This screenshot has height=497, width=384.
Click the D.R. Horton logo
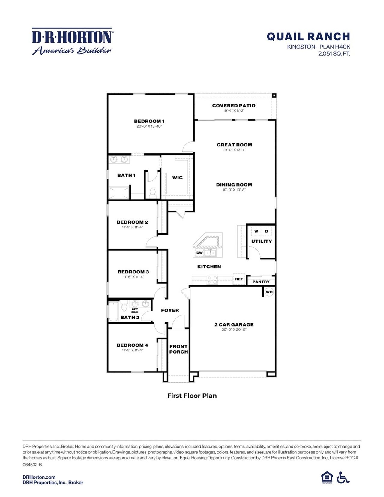tap(72, 41)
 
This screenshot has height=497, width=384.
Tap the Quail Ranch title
tap(308, 37)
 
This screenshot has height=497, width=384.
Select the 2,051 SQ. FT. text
tap(334, 54)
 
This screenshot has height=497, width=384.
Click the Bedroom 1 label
tap(149, 121)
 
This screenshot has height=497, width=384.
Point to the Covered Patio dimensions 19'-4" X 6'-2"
tap(234, 111)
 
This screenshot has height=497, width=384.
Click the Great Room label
tap(234, 145)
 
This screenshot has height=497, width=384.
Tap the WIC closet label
tap(177, 178)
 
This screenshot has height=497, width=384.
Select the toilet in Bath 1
tap(153, 192)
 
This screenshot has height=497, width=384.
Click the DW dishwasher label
tap(199, 253)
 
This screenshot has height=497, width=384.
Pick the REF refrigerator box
tap(239, 279)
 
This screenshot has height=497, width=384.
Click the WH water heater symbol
tap(269, 292)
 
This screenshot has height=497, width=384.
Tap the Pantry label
tap(261, 282)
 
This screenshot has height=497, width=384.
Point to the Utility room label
tap(262, 241)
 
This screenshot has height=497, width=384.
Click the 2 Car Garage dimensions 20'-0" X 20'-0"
tap(234, 330)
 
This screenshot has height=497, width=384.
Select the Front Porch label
tap(178, 349)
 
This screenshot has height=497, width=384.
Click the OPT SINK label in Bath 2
tap(135, 311)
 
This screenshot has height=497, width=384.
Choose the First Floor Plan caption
tap(192, 396)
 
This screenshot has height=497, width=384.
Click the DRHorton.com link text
tap(39, 477)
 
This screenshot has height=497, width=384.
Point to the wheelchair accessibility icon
tap(343, 477)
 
